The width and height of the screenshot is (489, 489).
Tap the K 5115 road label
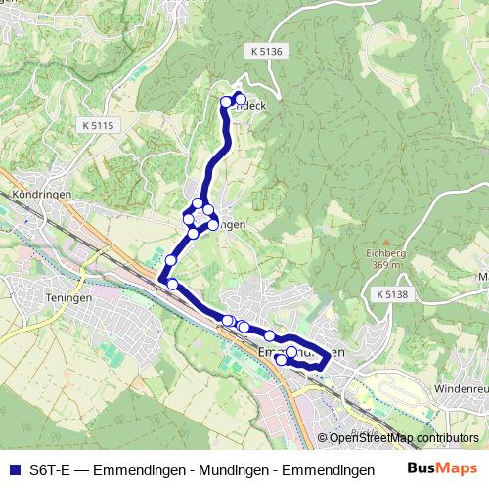99,125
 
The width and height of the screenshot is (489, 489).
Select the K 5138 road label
392,293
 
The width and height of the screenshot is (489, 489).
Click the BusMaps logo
443,469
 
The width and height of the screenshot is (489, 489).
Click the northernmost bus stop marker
240,97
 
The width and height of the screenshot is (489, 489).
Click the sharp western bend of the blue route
159,281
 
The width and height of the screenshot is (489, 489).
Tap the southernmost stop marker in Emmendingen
282,360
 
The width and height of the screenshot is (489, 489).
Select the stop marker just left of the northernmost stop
227,101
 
